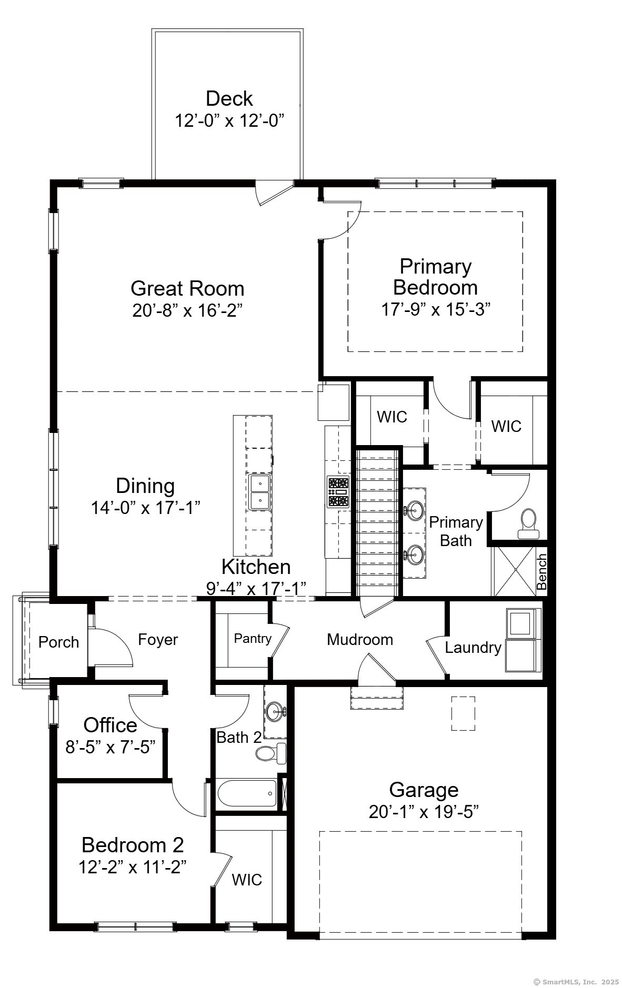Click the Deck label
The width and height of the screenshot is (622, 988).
coord(229,98)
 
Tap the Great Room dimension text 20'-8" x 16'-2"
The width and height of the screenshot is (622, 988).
coord(187,310)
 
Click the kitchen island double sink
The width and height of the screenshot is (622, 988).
coord(259,492)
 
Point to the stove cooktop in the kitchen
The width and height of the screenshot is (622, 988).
coord(338,492)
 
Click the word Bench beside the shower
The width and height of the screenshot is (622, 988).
coord(541,572)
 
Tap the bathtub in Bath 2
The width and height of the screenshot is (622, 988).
coord(247,794)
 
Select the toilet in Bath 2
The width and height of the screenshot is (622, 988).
coord(271,753)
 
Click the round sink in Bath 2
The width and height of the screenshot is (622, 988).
coord(275,712)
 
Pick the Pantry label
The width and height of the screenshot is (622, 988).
coord(253,638)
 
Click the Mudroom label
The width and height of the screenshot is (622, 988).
coord(360,639)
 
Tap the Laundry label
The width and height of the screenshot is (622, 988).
coord(473,648)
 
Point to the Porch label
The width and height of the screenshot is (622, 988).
coord(59,642)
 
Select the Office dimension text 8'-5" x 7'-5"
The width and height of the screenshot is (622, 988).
coord(111,747)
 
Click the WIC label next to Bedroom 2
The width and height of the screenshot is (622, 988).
coord(247,880)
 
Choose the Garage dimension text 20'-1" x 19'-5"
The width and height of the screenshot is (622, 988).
coord(424,812)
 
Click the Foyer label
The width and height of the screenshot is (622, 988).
coord(158,640)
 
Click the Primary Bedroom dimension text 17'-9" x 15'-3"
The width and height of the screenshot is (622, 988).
coord(436,309)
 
